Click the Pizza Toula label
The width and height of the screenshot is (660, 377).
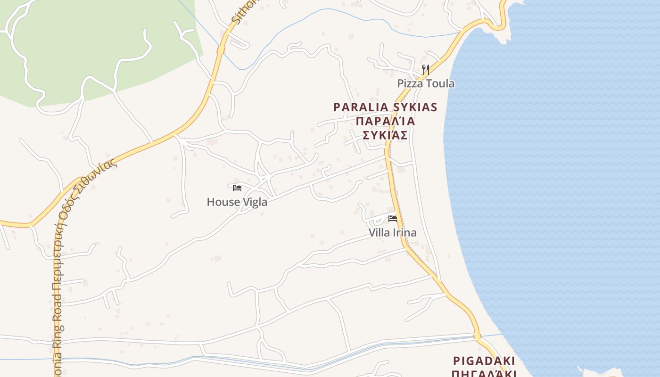[x=426, y=84]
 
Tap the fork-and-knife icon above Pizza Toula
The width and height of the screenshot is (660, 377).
[x=425, y=70]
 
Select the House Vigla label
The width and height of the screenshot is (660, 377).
[x=237, y=202]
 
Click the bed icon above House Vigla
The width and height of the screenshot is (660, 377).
[x=237, y=188]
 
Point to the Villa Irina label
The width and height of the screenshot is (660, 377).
[x=393, y=233]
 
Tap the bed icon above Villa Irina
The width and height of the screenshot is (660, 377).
[x=393, y=218]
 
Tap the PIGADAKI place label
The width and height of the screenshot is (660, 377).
[x=484, y=361]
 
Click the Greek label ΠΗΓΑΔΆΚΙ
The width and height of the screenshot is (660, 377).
[x=484, y=373]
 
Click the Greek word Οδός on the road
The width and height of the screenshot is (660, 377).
[x=64, y=208]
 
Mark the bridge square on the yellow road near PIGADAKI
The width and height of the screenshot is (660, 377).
[x=477, y=336]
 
